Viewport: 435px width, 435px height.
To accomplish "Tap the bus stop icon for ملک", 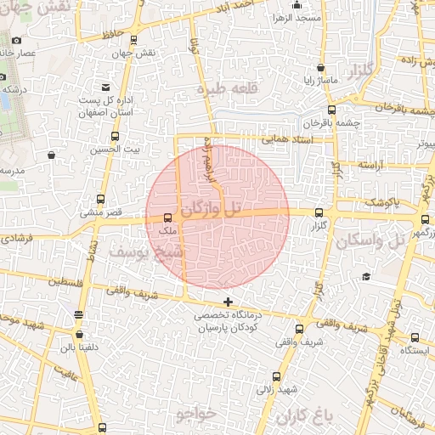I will point(167,217).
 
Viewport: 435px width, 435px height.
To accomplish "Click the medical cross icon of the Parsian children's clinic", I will point(227,302).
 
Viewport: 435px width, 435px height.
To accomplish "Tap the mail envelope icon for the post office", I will point(105,87).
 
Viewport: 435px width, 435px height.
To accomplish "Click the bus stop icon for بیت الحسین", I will point(115,136).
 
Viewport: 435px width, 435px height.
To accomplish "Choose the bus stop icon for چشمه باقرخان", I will point(331,109).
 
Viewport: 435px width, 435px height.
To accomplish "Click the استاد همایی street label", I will point(287,138).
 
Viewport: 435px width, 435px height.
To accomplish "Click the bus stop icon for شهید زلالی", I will point(276,376).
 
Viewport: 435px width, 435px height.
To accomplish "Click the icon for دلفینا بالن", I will point(79,316).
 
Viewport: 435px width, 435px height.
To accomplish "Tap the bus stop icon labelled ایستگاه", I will point(415,337).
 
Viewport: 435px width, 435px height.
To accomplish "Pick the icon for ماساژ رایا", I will point(320,68).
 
